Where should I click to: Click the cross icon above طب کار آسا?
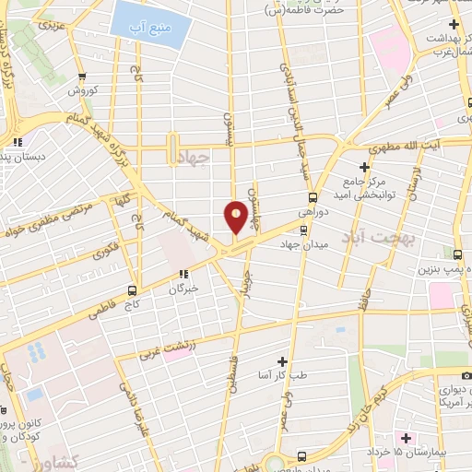point(283,361)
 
